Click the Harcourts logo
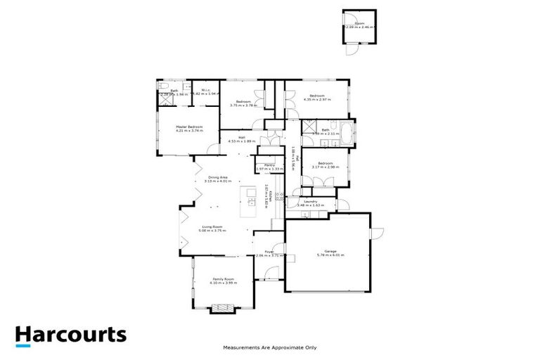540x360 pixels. (71, 335)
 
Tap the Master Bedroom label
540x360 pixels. (189, 127)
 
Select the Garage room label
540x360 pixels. (330, 252)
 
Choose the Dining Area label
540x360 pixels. (217, 177)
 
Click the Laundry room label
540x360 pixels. (311, 202)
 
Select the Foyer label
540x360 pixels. (269, 252)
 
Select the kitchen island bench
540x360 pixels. (250, 201)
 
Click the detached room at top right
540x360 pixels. (359, 27)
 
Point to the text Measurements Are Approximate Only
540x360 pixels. (270, 347)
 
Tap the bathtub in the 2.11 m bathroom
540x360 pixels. (347, 130)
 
